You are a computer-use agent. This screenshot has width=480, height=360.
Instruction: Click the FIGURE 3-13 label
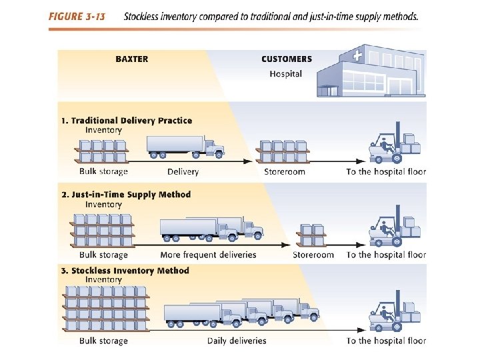pos(77,16)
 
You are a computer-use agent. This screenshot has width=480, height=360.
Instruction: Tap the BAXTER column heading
pos(132,59)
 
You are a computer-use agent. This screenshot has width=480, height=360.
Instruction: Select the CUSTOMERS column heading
pos(287,59)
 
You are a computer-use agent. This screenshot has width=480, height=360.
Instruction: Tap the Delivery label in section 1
pos(183,172)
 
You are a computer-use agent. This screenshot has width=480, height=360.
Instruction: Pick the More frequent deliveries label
pos(208,255)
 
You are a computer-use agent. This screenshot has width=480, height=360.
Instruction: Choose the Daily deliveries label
pos(237,341)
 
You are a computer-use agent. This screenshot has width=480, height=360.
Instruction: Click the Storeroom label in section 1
pos(285,172)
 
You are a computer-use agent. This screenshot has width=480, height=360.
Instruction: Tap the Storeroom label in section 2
pos(313,255)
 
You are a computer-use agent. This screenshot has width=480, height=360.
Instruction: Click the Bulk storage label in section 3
pos(103,341)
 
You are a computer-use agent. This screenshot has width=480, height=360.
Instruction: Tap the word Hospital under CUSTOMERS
pos(286,74)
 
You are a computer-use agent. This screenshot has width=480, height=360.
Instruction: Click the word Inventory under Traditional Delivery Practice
pos(103,130)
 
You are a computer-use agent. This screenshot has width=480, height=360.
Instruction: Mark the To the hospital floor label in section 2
pos(386,255)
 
